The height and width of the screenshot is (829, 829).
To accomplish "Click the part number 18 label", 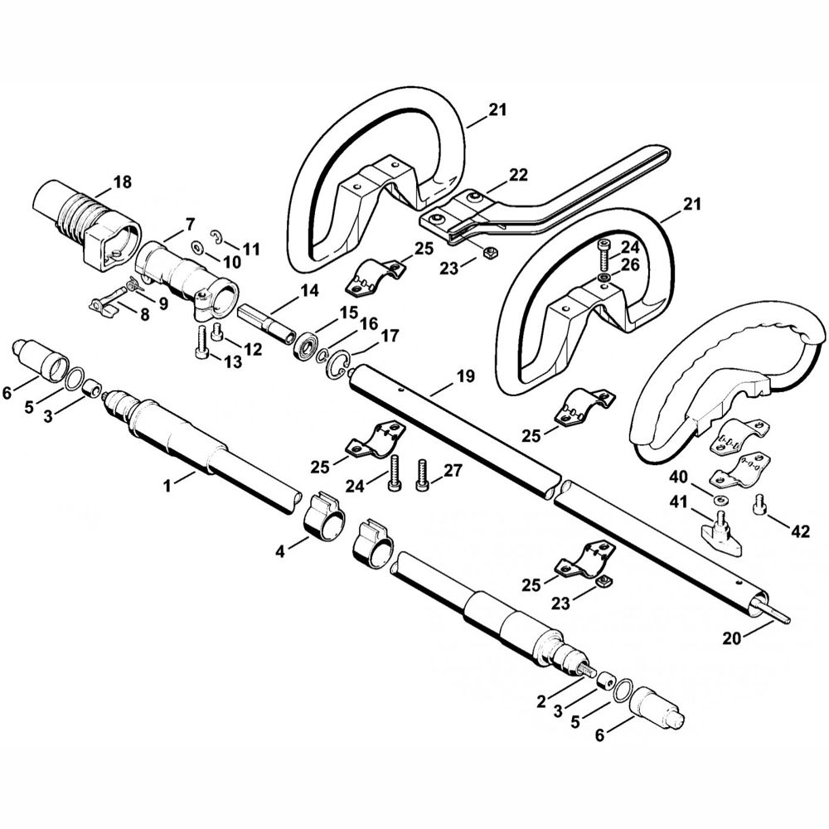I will click(122, 182).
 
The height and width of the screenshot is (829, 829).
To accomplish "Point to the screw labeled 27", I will click(424, 475).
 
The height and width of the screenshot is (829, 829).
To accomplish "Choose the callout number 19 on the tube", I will click(465, 377).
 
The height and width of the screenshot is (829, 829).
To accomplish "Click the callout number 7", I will click(189, 224).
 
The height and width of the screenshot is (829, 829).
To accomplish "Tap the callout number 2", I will click(541, 702).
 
